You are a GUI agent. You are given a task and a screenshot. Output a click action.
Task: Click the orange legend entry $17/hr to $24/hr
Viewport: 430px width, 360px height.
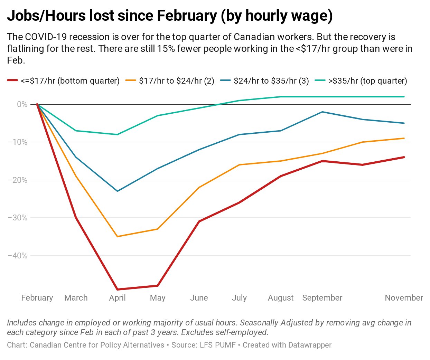(176, 81)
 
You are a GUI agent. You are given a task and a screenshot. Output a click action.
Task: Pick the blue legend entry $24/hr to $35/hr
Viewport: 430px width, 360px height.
(271, 81)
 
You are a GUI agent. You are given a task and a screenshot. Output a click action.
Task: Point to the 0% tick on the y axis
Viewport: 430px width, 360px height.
(22, 104)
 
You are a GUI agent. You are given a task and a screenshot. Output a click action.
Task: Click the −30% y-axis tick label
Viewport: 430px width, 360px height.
(17, 218)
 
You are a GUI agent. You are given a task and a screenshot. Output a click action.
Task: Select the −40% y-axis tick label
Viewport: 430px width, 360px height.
(17, 256)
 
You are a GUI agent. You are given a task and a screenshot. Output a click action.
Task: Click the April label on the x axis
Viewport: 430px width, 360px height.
(117, 298)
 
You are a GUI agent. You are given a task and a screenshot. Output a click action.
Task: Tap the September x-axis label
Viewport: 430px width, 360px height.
(322, 298)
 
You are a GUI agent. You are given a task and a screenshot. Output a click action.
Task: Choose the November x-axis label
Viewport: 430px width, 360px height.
(404, 298)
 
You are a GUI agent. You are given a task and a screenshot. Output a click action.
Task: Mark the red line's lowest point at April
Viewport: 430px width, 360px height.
(118, 290)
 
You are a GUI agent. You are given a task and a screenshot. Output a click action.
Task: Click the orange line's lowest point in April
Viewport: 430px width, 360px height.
(118, 236)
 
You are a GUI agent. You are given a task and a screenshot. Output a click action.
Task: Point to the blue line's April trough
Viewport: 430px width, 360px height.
(118, 191)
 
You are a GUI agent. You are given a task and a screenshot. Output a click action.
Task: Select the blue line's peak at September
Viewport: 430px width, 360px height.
(322, 112)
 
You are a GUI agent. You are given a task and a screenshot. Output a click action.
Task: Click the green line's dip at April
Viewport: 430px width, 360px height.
(118, 134)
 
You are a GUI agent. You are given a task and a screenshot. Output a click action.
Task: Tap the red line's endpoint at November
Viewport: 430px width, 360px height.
(404, 157)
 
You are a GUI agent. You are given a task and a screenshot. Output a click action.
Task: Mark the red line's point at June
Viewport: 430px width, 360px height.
(199, 221)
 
